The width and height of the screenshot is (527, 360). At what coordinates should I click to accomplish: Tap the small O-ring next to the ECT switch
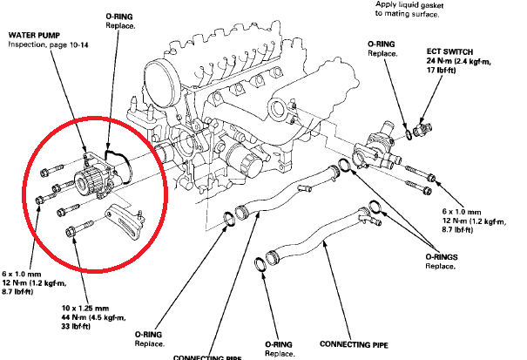[407, 132]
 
